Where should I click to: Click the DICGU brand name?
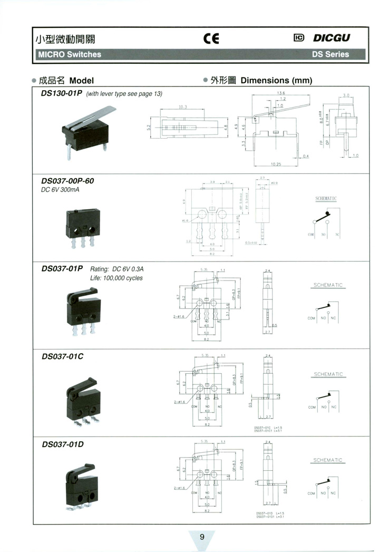click(x=331, y=38)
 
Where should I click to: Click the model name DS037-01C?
click(x=62, y=356)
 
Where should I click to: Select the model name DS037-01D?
click(x=62, y=444)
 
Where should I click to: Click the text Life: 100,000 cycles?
click(x=116, y=278)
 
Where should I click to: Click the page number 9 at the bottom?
click(x=202, y=537)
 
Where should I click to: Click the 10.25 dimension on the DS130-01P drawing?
click(x=276, y=164)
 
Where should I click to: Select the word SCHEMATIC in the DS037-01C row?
click(x=328, y=374)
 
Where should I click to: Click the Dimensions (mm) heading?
click(x=276, y=81)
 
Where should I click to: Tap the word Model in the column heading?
click(x=81, y=81)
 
